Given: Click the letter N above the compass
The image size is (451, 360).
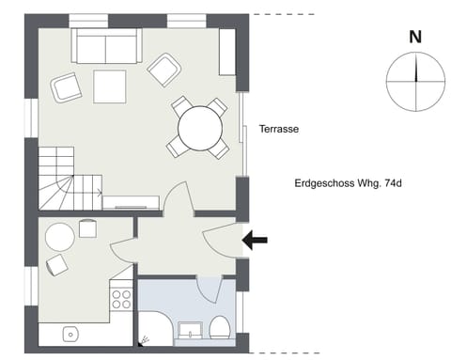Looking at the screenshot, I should (414, 38).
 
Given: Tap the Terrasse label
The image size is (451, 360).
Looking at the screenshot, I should (279, 131).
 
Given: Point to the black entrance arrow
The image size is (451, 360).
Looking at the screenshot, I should (255, 242).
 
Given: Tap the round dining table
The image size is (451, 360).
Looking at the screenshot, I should (199, 128).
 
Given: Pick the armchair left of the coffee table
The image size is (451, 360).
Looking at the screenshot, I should (67, 87).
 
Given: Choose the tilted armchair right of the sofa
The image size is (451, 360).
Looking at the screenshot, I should (164, 68).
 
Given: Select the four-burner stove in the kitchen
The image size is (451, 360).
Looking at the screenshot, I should (121, 299).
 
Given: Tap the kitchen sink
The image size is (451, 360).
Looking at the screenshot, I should (70, 334).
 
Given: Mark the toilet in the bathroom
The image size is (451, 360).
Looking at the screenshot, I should (221, 329).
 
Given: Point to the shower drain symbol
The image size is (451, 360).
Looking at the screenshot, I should (145, 338).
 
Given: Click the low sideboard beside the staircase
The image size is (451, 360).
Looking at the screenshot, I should (131, 200).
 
